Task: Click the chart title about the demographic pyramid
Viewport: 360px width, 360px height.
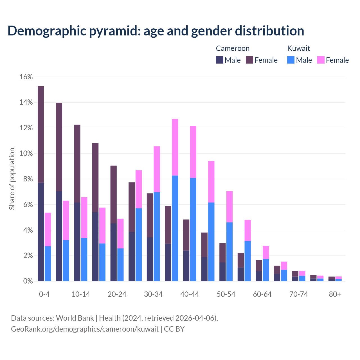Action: [x=156, y=31]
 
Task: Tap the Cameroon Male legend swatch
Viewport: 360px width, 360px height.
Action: [x=220, y=60]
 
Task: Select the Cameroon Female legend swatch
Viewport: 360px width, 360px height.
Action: [x=249, y=60]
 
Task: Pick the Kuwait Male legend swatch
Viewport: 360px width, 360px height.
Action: [x=291, y=60]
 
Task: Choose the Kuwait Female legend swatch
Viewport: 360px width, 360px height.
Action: [x=321, y=60]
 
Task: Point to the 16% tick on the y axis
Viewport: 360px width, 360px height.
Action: [x=26, y=77]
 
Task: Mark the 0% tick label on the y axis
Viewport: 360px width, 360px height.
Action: [x=28, y=281]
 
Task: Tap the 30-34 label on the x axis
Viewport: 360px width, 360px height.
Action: [x=153, y=294]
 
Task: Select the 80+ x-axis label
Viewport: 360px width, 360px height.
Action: [x=335, y=294]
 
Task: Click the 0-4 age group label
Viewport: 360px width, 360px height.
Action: [x=44, y=294]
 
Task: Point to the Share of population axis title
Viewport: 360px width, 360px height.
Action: [x=12, y=179]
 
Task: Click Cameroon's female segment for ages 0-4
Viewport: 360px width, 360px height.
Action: [x=41, y=134]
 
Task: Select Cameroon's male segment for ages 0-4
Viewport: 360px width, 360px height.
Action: [x=41, y=232]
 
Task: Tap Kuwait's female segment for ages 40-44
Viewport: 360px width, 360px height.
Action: [x=193, y=152]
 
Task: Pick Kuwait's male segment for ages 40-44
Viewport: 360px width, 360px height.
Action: [x=193, y=229]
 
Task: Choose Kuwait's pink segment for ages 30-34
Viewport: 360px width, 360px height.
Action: [x=157, y=169]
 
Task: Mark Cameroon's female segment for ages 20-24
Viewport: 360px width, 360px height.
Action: [x=114, y=194]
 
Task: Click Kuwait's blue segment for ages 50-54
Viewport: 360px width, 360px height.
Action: [x=229, y=252]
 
